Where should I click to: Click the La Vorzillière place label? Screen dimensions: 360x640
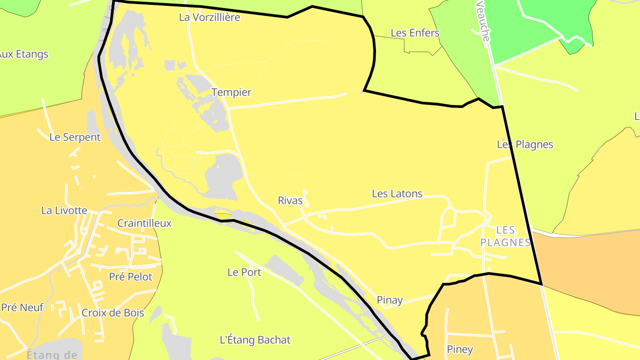210,17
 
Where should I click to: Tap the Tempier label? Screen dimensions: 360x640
232,92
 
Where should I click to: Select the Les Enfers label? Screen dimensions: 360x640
415,33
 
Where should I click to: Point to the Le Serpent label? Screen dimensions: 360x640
75,137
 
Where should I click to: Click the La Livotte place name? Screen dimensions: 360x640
64,211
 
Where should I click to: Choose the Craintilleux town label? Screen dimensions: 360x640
144,223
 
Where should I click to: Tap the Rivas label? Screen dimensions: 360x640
290,200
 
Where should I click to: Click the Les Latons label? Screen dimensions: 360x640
397,194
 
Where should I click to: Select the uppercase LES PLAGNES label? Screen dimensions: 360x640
506,236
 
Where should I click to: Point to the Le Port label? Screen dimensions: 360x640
244,272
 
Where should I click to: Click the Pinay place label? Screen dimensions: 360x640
390,300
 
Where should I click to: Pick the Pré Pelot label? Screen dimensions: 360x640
131,277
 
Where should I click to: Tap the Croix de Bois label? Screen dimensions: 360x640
113,313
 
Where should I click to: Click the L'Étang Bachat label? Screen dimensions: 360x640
255,340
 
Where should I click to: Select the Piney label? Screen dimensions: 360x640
460,349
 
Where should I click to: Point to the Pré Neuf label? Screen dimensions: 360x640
22,307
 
